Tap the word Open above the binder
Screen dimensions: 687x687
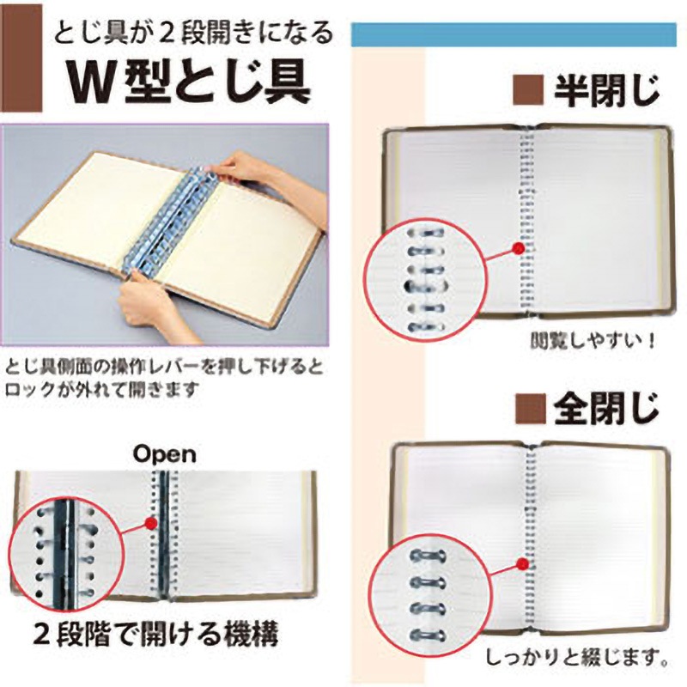click(x=165, y=456)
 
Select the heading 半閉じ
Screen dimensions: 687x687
click(x=606, y=90)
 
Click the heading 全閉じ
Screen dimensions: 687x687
click(x=606, y=409)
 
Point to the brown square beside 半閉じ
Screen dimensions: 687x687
click(x=528, y=91)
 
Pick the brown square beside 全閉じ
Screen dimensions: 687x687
click(x=531, y=410)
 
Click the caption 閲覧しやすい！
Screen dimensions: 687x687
click(x=593, y=340)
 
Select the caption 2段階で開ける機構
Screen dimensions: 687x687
click(x=156, y=635)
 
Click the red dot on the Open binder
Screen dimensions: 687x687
click(x=151, y=523)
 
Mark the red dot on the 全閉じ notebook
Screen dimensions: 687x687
click(x=521, y=563)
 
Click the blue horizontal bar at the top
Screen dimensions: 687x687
click(x=514, y=34)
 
